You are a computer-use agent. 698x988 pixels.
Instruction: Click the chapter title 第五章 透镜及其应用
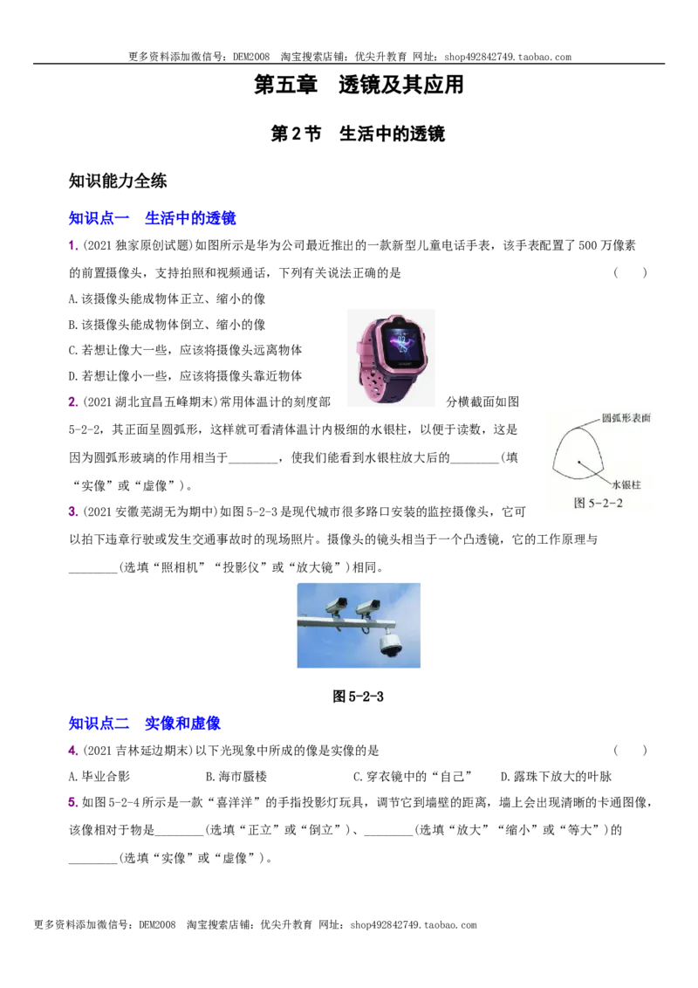tap(359, 85)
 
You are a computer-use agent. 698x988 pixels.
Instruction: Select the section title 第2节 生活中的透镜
tap(358, 134)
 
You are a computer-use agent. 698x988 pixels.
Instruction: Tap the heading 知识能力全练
tap(118, 181)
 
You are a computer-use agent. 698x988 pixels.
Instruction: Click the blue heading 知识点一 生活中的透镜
tap(152, 218)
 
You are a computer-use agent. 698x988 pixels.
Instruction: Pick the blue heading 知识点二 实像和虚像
tap(144, 723)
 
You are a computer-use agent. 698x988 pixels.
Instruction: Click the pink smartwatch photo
tap(391, 357)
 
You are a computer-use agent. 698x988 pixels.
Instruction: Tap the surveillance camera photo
tap(359, 625)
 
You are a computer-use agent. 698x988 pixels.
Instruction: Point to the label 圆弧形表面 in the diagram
tap(626, 418)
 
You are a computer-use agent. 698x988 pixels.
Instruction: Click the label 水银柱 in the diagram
tap(626, 484)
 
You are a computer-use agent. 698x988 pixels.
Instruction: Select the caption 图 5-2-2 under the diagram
tap(598, 503)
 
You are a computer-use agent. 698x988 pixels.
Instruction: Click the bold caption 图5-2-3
tap(358, 696)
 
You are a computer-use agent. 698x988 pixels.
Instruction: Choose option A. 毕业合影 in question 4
tap(99, 776)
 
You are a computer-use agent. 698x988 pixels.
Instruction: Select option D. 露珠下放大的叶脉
tap(557, 776)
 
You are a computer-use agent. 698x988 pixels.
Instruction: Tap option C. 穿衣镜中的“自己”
tap(413, 776)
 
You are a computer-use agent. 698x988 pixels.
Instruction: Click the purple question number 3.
tap(72, 511)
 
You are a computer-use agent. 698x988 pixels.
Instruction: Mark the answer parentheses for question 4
tap(630, 750)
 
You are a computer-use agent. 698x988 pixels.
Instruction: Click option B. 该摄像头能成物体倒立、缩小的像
tap(167, 325)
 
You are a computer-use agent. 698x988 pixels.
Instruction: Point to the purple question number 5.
tap(72, 802)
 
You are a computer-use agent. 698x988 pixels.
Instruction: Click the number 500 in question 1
tap(587, 245)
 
